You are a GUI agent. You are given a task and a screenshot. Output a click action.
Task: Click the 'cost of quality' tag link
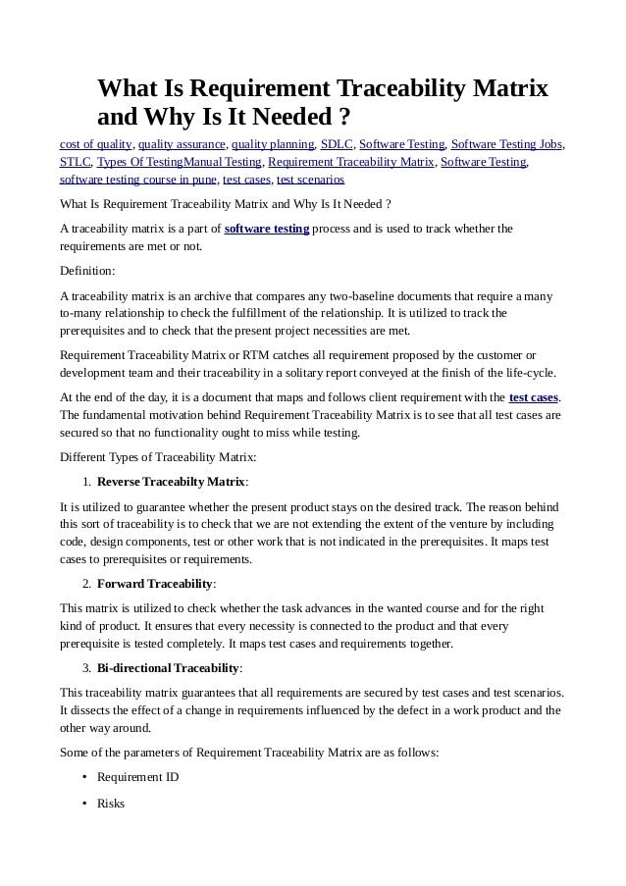click(x=96, y=144)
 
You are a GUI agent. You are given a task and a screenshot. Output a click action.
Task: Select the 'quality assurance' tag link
click(x=182, y=144)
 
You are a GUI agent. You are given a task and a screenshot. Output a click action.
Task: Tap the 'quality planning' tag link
click(x=273, y=144)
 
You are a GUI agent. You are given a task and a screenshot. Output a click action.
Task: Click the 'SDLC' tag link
click(x=337, y=144)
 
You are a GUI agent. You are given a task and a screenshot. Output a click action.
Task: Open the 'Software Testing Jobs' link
click(x=506, y=144)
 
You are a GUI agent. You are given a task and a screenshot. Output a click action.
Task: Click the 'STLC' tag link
click(x=76, y=162)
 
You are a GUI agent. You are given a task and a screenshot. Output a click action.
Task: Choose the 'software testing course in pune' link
click(x=138, y=181)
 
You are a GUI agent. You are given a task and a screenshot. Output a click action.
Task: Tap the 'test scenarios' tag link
click(x=310, y=181)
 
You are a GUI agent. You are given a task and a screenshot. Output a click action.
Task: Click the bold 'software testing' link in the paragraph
click(x=267, y=230)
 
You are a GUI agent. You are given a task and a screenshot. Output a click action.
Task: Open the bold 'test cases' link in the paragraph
click(x=534, y=397)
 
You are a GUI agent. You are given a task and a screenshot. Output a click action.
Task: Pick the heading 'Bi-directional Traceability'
click(x=168, y=668)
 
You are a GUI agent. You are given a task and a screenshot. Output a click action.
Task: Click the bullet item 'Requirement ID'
click(x=137, y=777)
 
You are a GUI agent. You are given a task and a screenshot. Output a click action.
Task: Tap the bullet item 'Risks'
click(x=110, y=803)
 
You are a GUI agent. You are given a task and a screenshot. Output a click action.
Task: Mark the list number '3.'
click(x=86, y=668)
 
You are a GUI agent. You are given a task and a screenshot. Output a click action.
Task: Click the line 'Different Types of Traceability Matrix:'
click(x=159, y=457)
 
